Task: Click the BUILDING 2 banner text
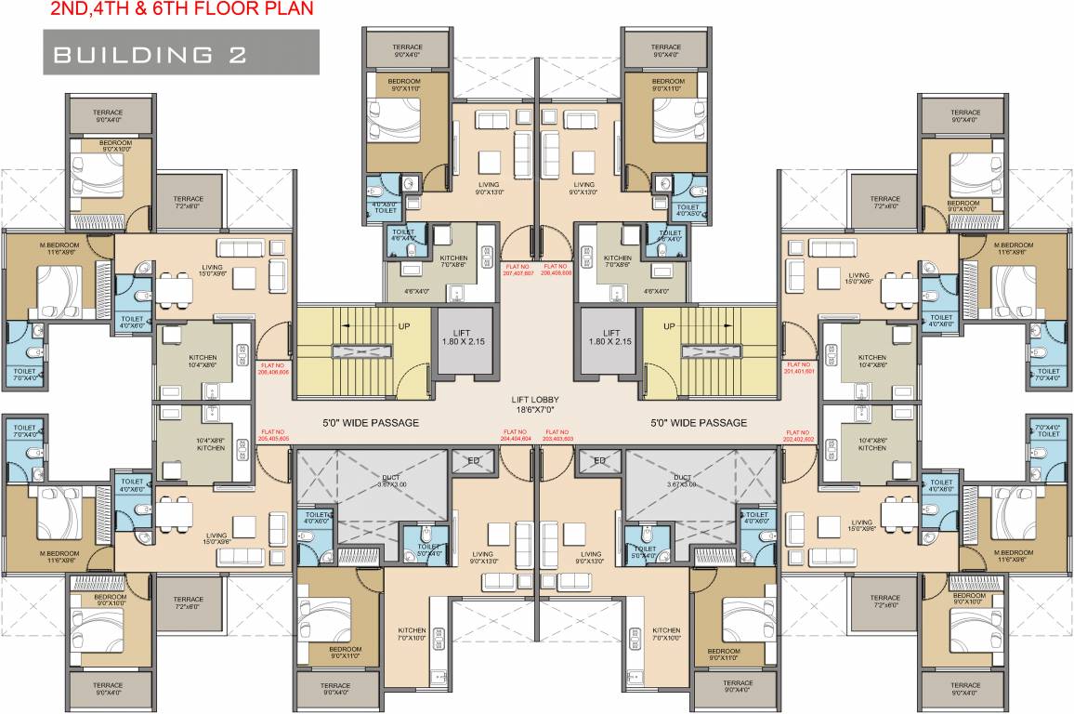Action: pyautogui.click(x=150, y=54)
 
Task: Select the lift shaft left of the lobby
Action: pyautogui.click(x=461, y=338)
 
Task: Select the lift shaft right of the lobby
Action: pyautogui.click(x=610, y=338)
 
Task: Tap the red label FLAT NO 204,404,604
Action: pyautogui.click(x=517, y=434)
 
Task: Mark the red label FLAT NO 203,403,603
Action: pyautogui.click(x=558, y=434)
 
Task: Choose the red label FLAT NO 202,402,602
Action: pyautogui.click(x=799, y=434)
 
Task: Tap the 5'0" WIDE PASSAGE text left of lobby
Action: pyautogui.click(x=370, y=423)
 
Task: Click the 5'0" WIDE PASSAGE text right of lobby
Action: pyautogui.click(x=699, y=423)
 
